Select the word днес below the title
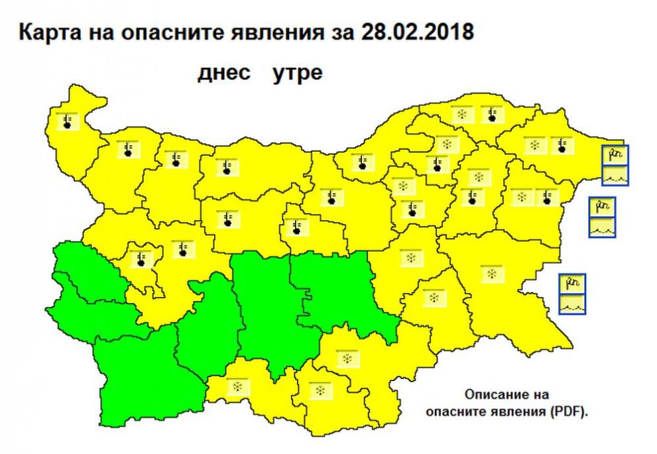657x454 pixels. click(x=223, y=73)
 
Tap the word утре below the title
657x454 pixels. click(x=298, y=73)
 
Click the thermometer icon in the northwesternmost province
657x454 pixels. click(x=68, y=121)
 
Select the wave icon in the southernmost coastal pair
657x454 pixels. click(x=572, y=304)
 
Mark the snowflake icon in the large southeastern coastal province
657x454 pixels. click(x=491, y=273)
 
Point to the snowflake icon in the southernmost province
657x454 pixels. click(x=321, y=390)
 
